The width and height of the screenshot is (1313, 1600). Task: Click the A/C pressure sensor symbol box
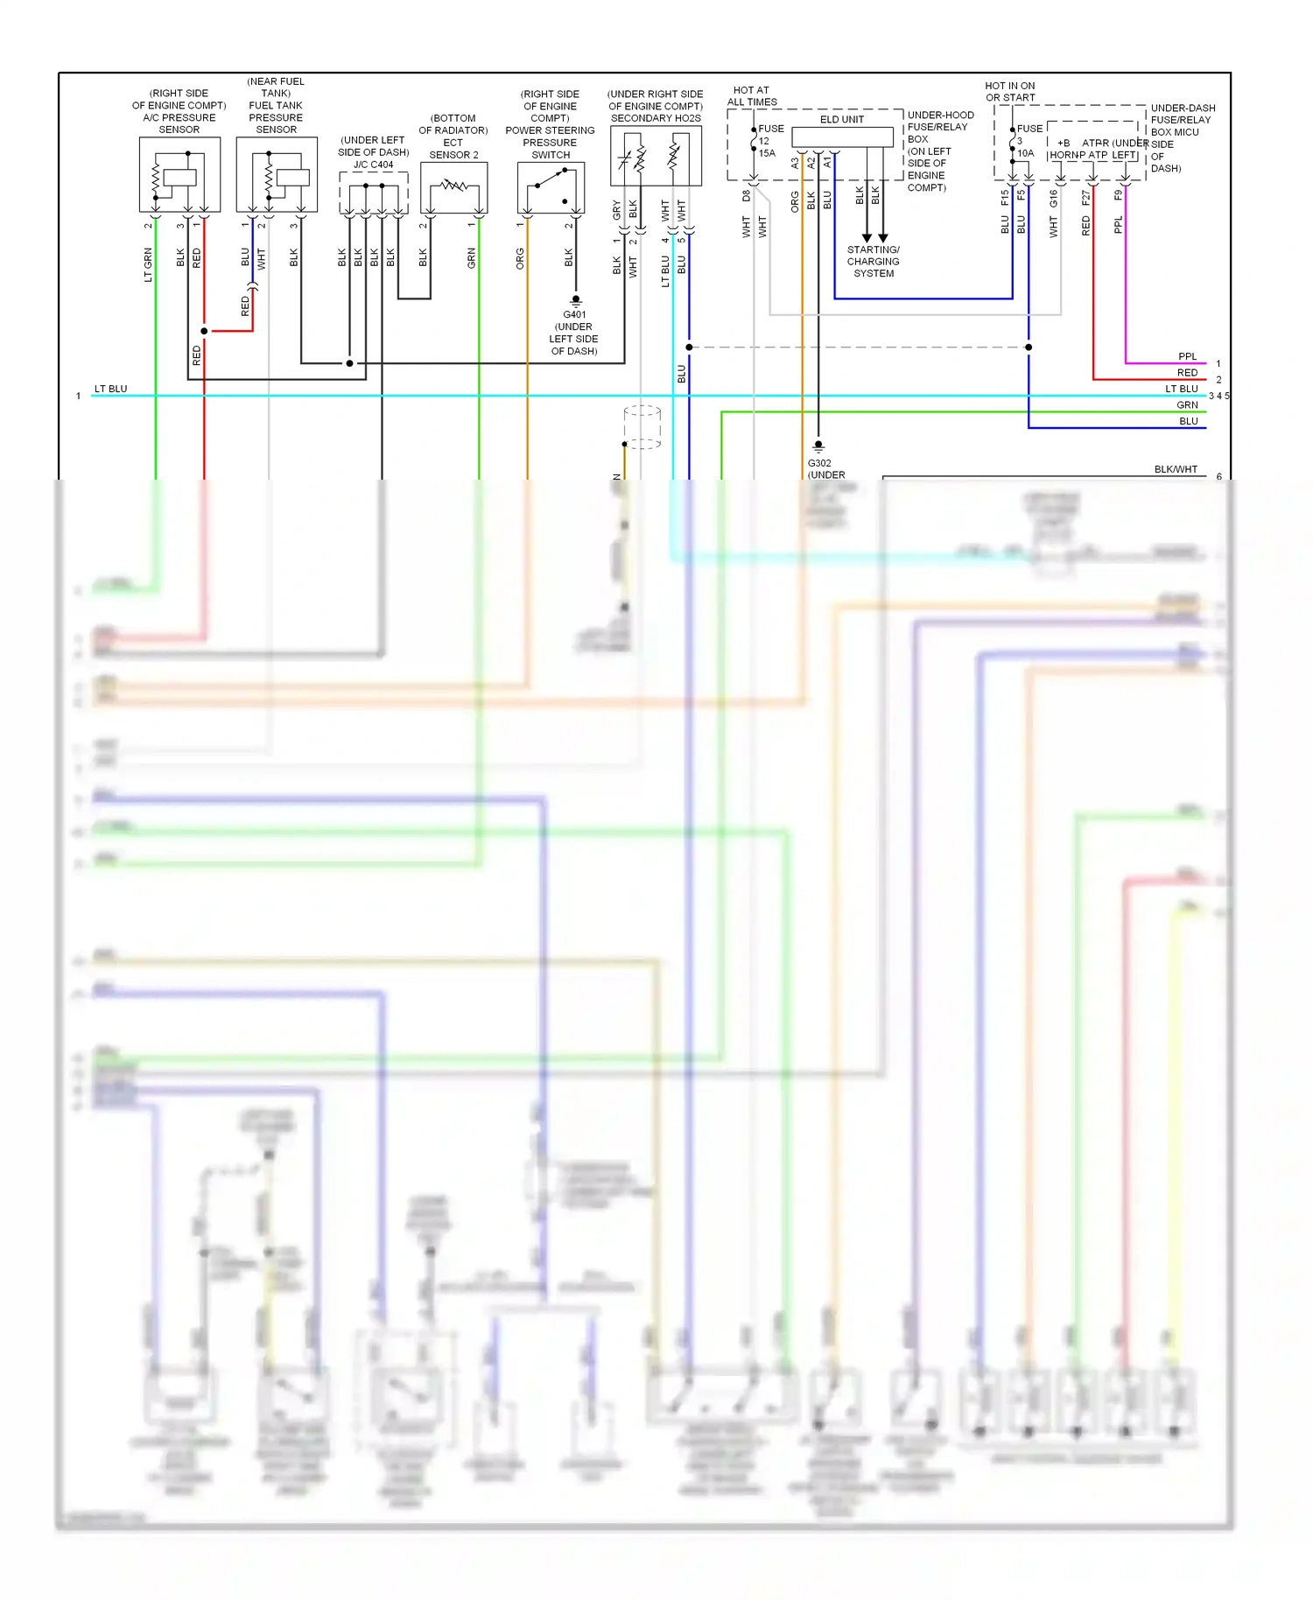[x=179, y=174]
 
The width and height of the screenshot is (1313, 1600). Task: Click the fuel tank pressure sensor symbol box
[x=277, y=174]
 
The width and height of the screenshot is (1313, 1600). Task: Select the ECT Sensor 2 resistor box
[x=453, y=186]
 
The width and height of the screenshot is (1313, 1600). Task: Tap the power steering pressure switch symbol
[x=551, y=187]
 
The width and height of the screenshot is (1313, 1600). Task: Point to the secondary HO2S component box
[x=656, y=156]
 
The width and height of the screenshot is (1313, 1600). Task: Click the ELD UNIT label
[x=841, y=120]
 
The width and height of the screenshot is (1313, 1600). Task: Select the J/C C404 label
[x=373, y=165]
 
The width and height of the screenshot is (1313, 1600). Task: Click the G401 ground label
[x=574, y=314]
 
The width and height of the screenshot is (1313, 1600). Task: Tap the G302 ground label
[x=819, y=463]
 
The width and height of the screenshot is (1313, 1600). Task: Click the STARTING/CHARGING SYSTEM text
[x=873, y=262]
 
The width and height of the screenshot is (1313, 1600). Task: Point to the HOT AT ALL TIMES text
[x=751, y=95]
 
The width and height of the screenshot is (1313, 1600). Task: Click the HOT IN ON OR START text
[x=1009, y=92]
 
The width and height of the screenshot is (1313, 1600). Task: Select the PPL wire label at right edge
[x=1187, y=356]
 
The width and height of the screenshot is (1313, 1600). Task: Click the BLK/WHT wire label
[x=1175, y=469]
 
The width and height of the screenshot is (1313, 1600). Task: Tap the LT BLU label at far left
[x=110, y=389]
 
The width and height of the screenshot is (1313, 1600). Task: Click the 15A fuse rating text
[x=767, y=153]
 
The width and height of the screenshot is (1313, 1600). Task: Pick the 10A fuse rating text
[x=1025, y=153]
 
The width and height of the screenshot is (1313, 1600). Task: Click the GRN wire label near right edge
[x=1187, y=404]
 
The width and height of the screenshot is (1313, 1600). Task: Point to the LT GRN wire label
[x=148, y=264]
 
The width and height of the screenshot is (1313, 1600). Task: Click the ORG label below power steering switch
[x=520, y=258]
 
